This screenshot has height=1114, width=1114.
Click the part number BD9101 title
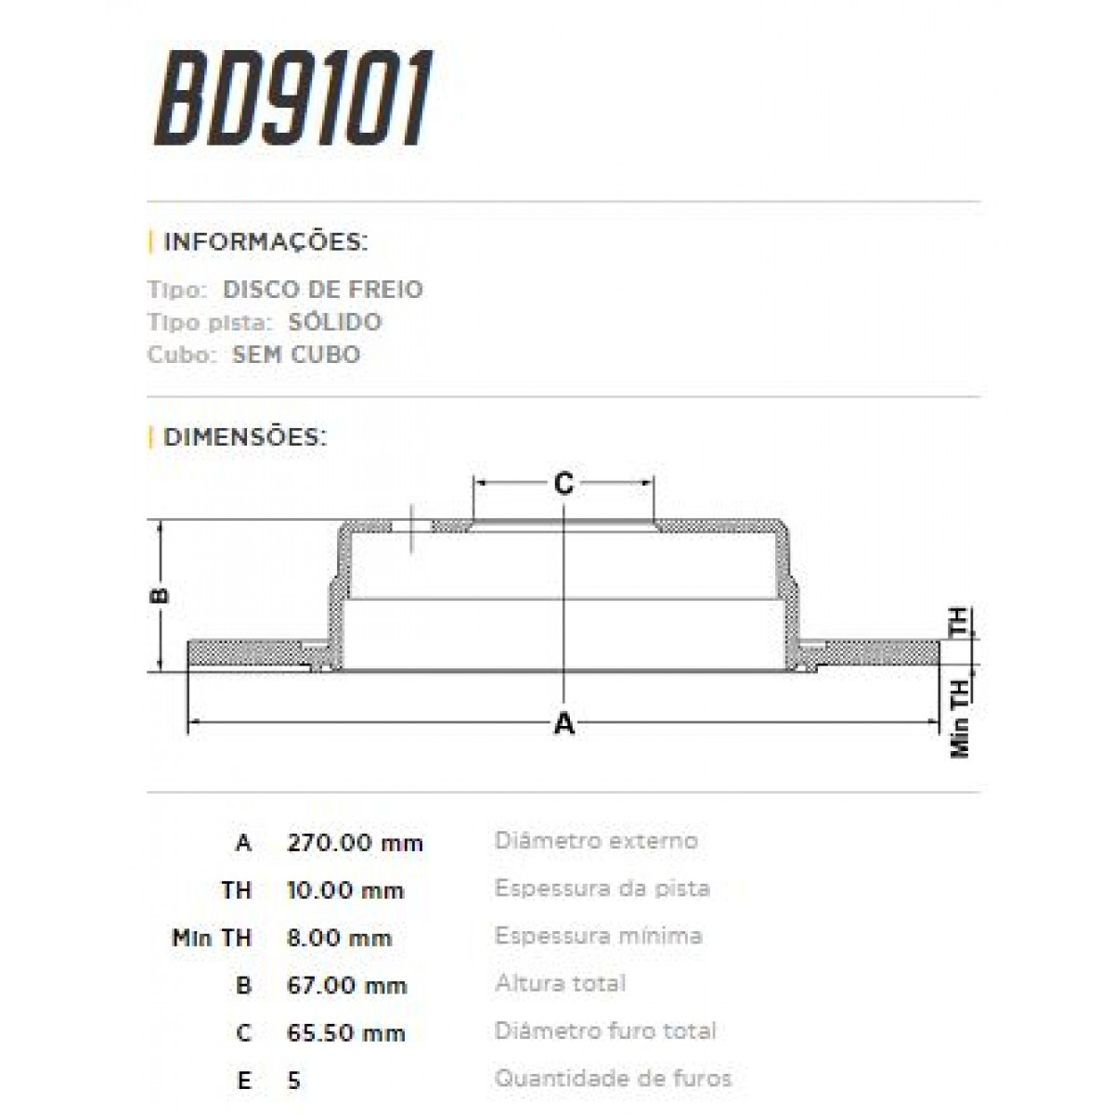point(293,101)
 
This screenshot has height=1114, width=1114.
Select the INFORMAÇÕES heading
point(265,242)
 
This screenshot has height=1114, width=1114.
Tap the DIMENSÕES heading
point(244,436)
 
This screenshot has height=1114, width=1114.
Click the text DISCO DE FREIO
point(322,290)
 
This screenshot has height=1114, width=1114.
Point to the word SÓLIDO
point(333,322)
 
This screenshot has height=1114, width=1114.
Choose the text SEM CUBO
point(295,355)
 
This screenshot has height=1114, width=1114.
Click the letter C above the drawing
point(563,483)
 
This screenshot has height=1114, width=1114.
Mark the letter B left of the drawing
point(160,595)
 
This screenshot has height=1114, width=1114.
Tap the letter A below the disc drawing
point(563,723)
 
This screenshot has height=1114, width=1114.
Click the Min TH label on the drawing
point(961,718)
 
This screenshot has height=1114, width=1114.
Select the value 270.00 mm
point(355,843)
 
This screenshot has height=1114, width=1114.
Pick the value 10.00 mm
point(345,890)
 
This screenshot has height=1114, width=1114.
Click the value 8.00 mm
point(339,938)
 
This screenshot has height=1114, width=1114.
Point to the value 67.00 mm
point(347,985)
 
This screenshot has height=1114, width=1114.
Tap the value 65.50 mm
point(346,1032)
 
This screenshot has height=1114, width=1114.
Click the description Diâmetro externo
point(596,841)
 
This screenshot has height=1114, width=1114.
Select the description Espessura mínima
point(598,936)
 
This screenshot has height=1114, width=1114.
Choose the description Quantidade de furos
point(613,1079)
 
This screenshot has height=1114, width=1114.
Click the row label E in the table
point(243,1081)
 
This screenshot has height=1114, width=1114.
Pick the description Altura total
point(560,983)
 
